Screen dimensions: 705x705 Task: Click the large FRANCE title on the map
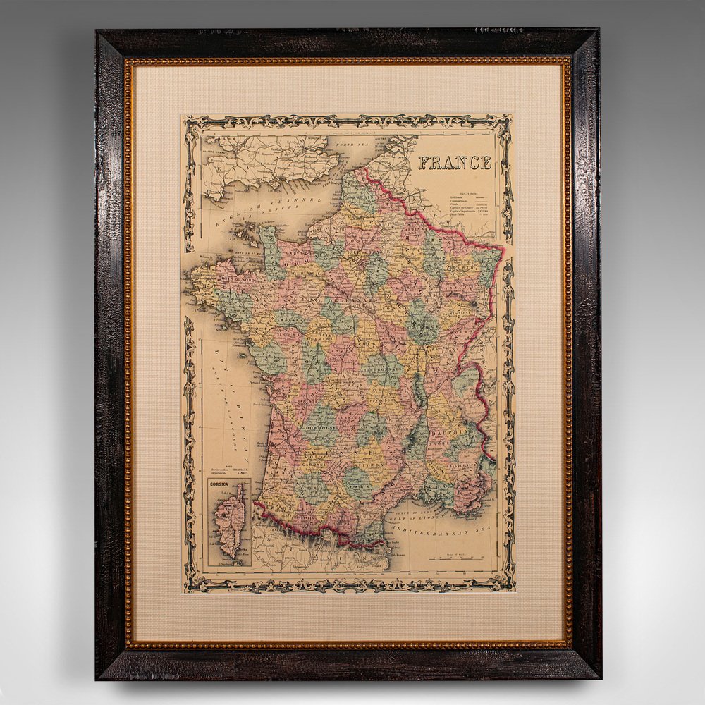455,163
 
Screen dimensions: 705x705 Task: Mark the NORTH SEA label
352,145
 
